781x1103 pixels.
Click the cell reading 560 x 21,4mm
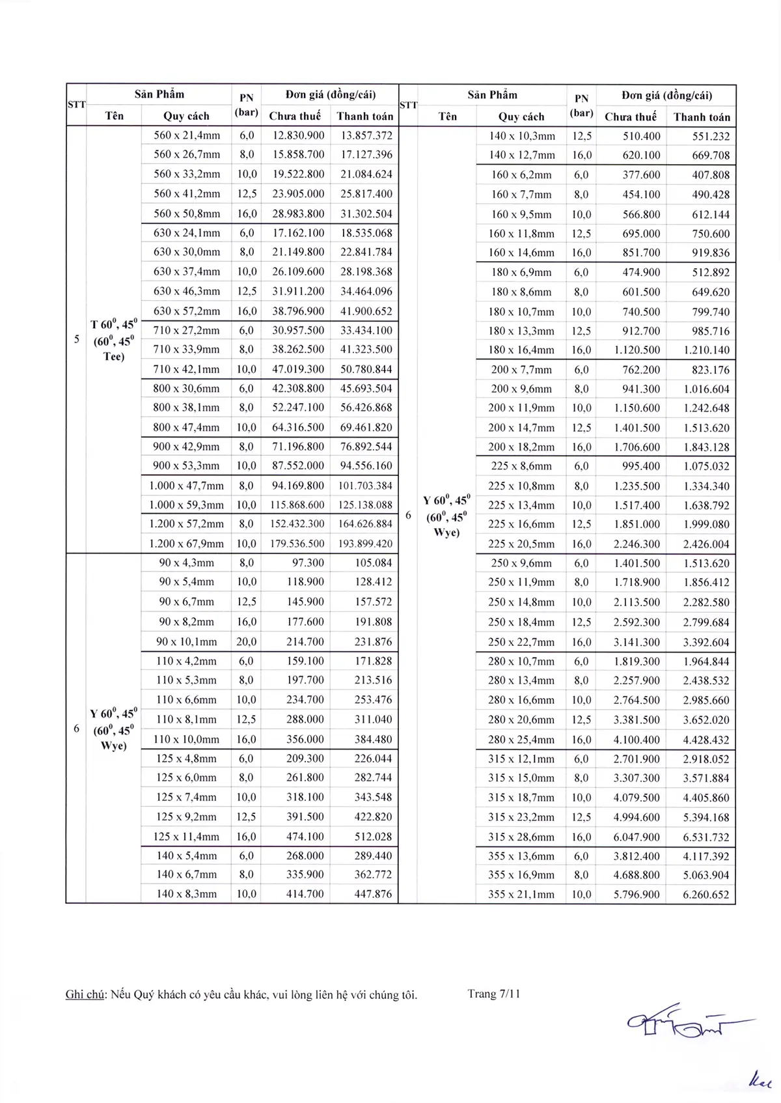pos(187,135)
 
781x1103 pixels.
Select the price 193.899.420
pos(365,544)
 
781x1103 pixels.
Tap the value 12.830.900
pos(298,135)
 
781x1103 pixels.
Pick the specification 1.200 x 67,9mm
pos(186,544)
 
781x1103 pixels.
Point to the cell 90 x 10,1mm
pos(186,641)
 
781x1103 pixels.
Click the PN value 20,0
pos(246,641)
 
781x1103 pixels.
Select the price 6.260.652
pos(706,895)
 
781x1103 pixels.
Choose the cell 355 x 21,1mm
pos(521,895)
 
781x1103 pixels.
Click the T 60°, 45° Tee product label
pos(114,340)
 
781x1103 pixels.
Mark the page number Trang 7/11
pos(493,994)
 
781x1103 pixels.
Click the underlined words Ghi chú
pos(85,994)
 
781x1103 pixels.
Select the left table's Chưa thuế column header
pos(295,116)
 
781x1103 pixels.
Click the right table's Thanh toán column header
pos(702,117)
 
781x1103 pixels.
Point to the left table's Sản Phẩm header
pos(159,94)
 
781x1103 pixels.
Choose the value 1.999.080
pos(706,524)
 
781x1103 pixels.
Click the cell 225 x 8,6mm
pos(521,466)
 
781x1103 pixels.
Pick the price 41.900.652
pos(366,311)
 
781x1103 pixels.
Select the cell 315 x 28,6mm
pos(521,837)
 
